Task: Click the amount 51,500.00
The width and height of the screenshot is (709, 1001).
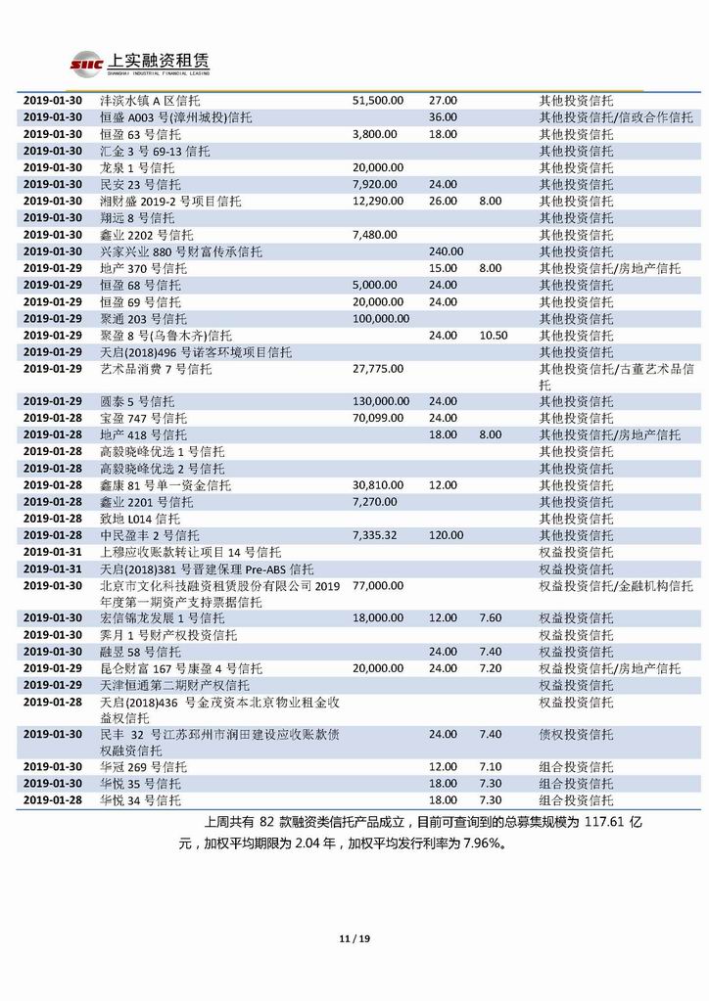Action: tap(376, 101)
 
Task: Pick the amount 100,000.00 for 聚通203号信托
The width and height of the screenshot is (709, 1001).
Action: tap(380, 318)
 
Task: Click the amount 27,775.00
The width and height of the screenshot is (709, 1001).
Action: tap(376, 369)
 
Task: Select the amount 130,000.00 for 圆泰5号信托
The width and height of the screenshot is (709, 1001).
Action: tap(380, 401)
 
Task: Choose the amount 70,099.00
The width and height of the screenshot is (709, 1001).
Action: tap(376, 418)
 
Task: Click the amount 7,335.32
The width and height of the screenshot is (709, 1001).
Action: tap(374, 535)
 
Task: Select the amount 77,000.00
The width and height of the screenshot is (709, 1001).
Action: tap(376, 585)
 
